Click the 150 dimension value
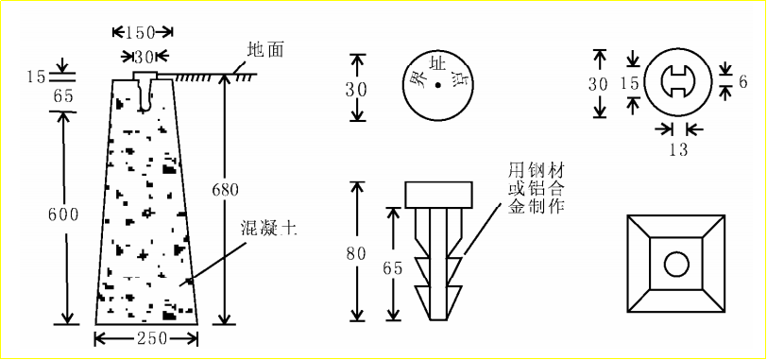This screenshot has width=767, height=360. tap(142, 32)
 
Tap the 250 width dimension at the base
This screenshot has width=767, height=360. tap(145, 338)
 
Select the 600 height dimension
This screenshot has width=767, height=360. tap(63, 214)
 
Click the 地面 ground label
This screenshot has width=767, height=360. tap(265, 50)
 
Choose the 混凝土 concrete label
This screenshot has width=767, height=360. tap(268, 229)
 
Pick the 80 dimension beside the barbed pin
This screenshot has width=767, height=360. tap(356, 255)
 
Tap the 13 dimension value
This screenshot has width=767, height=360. tap(678, 149)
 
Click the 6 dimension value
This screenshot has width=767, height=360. tap(743, 82)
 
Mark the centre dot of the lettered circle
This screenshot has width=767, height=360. tap(438, 85)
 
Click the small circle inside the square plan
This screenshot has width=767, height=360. tap(676, 265)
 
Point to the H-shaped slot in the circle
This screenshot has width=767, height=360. tap(676, 82)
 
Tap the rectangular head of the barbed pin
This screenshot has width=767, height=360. tap(438, 195)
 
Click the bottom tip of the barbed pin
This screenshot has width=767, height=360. tap(438, 320)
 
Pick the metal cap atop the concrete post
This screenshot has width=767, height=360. tap(145, 76)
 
